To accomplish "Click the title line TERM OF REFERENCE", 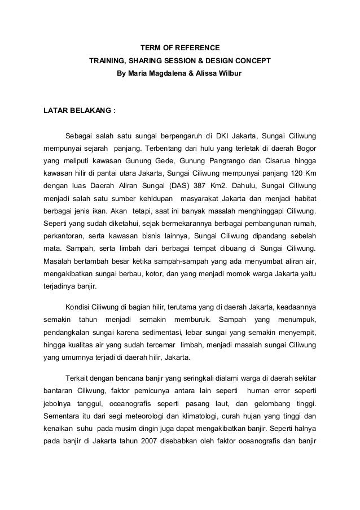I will (x=179, y=47).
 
